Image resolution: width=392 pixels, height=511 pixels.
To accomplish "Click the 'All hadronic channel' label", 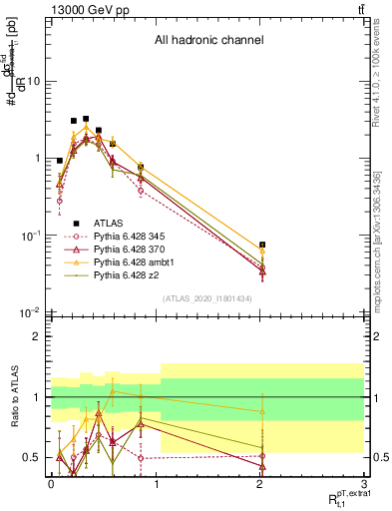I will coord(207,41).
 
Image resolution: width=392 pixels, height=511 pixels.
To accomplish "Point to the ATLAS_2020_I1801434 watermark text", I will coord(206,298).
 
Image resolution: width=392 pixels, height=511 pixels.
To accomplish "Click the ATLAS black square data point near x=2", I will coord(262,245).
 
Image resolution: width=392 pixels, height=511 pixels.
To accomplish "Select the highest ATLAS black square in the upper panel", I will coord(86,119).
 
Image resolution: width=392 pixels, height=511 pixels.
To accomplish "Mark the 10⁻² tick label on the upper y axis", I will coord(30,312).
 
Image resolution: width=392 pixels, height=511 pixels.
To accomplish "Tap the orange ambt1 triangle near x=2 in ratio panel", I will coord(262,411).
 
